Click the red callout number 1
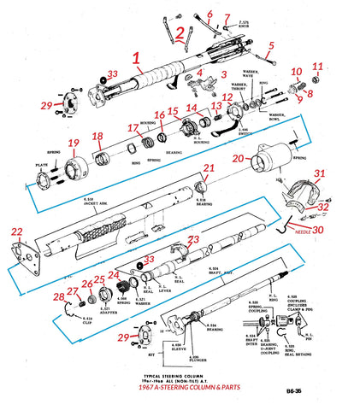coord(134,61)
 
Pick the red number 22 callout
coord(17,231)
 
